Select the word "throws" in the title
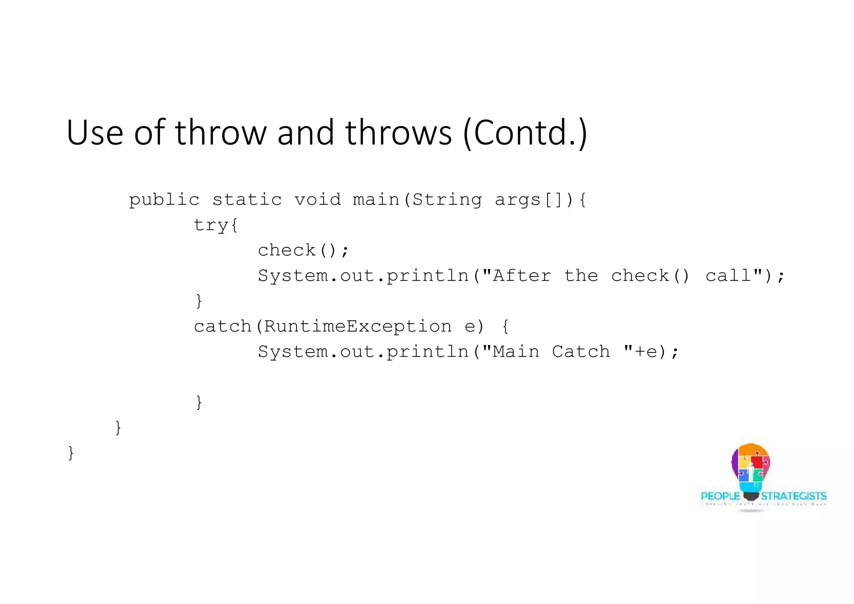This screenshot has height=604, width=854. pyautogui.click(x=398, y=133)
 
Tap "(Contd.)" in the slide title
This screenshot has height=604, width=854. pyautogui.click(x=525, y=133)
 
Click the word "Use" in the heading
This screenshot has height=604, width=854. pyautogui.click(x=95, y=133)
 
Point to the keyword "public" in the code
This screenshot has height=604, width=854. pyautogui.click(x=164, y=200)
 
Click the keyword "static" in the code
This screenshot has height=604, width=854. pyautogui.click(x=247, y=200)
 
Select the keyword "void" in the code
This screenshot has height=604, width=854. pyautogui.click(x=318, y=200)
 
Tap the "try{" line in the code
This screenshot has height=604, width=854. pyautogui.click(x=216, y=225)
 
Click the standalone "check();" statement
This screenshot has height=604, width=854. pyautogui.click(x=303, y=250)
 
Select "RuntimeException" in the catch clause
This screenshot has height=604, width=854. pyautogui.click(x=358, y=326)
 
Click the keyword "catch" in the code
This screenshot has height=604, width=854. pyautogui.click(x=223, y=326)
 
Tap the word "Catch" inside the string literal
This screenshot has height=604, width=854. pyautogui.click(x=581, y=352)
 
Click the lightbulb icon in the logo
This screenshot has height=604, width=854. pyautogui.click(x=751, y=471)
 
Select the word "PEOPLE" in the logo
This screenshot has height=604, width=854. pyautogui.click(x=720, y=496)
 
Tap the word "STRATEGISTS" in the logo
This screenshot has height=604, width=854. pyautogui.click(x=794, y=496)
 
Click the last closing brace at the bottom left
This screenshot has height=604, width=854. pyautogui.click(x=71, y=453)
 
